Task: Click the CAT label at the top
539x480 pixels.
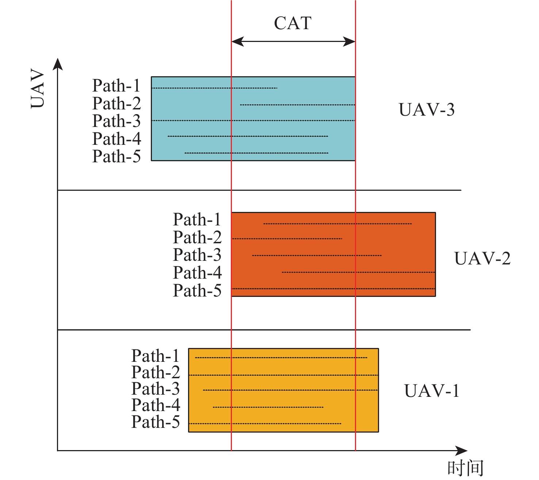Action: pos(293,23)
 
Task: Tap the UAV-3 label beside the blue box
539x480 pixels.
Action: pos(427,110)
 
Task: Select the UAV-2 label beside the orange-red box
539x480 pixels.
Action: pos(482,259)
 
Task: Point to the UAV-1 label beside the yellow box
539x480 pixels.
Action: pos(432,391)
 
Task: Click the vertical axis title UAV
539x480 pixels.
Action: pos(38,89)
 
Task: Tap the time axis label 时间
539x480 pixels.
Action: pos(465,468)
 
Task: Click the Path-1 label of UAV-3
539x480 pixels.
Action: pos(116,86)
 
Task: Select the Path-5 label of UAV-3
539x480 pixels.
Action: pos(116,156)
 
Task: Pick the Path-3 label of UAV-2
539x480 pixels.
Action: pos(197,255)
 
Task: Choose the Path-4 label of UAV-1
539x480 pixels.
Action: pos(156,405)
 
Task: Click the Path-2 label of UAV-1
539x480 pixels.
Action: pos(156,372)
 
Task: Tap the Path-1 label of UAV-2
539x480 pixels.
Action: pos(197,220)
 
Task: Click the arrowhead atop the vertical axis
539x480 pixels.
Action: pos(58,63)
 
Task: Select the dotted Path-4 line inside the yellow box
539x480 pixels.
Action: pos(268,407)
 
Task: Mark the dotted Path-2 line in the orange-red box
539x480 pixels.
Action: pos(287,239)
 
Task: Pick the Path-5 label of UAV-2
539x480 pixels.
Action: pos(197,291)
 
